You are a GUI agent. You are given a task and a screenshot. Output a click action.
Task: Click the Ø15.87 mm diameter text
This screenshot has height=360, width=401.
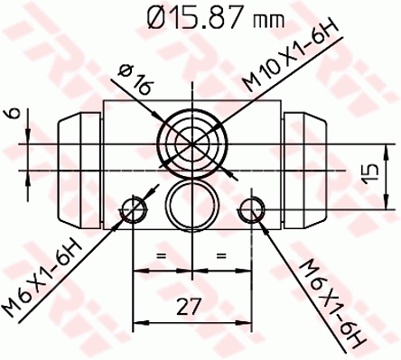(215, 18)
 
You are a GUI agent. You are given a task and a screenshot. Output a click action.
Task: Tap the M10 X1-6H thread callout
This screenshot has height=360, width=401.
(291, 55)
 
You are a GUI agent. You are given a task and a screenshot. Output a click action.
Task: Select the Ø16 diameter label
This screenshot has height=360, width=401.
(135, 80)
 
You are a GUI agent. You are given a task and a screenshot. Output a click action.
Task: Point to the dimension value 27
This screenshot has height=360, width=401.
(188, 306)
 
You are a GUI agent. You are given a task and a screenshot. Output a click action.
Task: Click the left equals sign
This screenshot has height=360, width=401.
(162, 256)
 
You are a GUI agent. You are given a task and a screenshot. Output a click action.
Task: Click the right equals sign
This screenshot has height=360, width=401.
(221, 256)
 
